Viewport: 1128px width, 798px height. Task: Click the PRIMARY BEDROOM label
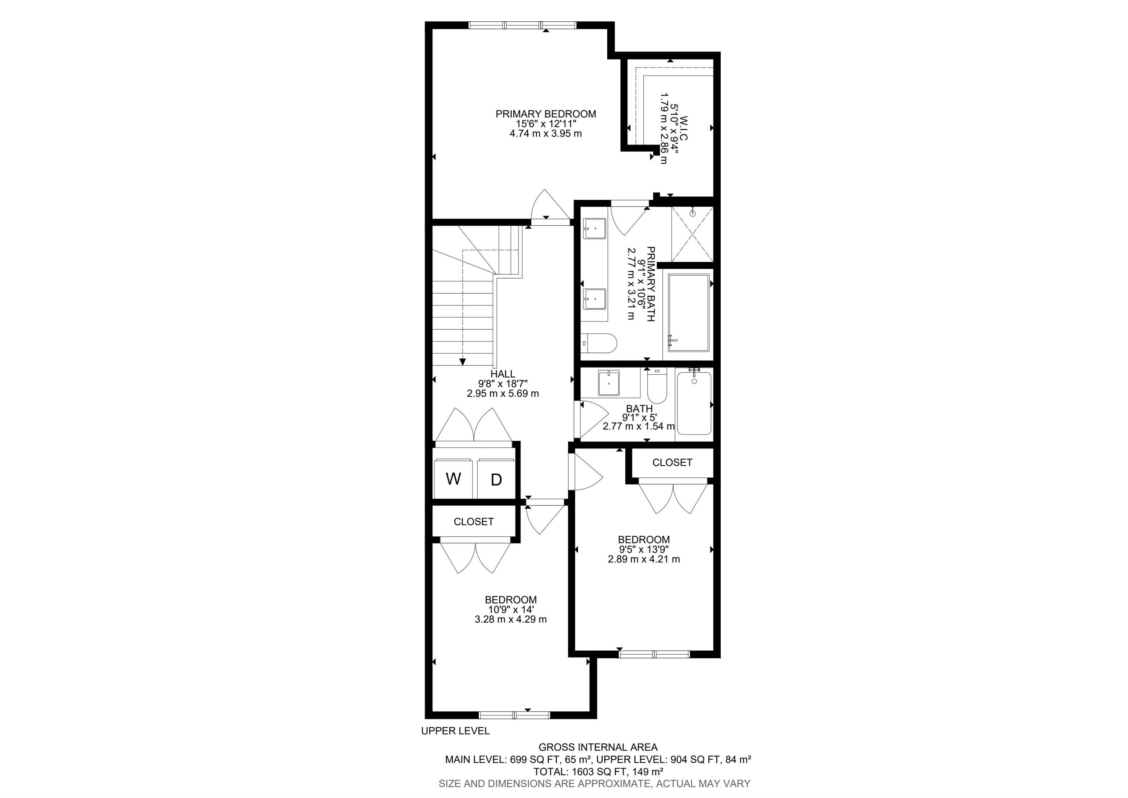coord(545,114)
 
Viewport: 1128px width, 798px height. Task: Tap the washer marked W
coord(453,479)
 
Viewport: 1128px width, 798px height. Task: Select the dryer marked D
coord(496,479)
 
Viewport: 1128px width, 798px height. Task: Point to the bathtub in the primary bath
coord(689,313)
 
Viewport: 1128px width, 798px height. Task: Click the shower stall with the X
coord(692,235)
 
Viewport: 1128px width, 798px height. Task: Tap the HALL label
coord(503,374)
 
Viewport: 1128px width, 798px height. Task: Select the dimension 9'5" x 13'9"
coord(644,549)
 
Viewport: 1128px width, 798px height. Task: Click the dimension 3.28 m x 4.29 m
coord(510,619)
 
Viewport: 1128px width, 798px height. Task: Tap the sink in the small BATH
coord(609,383)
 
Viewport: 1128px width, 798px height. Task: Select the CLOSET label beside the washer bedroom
coord(474,522)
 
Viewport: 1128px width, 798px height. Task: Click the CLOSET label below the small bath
coord(672,463)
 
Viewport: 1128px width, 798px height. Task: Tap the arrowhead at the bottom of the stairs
coord(462,362)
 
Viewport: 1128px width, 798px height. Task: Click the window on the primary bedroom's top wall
coord(522,25)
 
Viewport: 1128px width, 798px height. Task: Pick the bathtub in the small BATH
coord(694,404)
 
